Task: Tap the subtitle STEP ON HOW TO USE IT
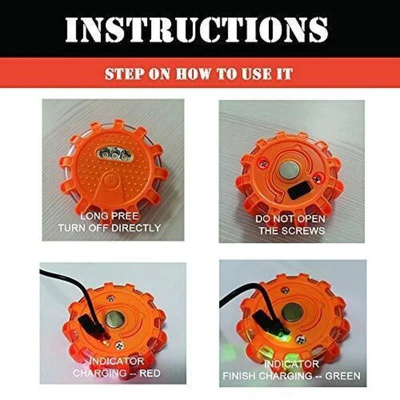click(x=198, y=74)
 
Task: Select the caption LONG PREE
click(x=109, y=216)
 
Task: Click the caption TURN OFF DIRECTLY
click(x=109, y=228)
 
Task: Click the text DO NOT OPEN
click(x=290, y=219)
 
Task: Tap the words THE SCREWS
click(x=290, y=230)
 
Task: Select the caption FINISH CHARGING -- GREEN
click(x=292, y=375)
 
